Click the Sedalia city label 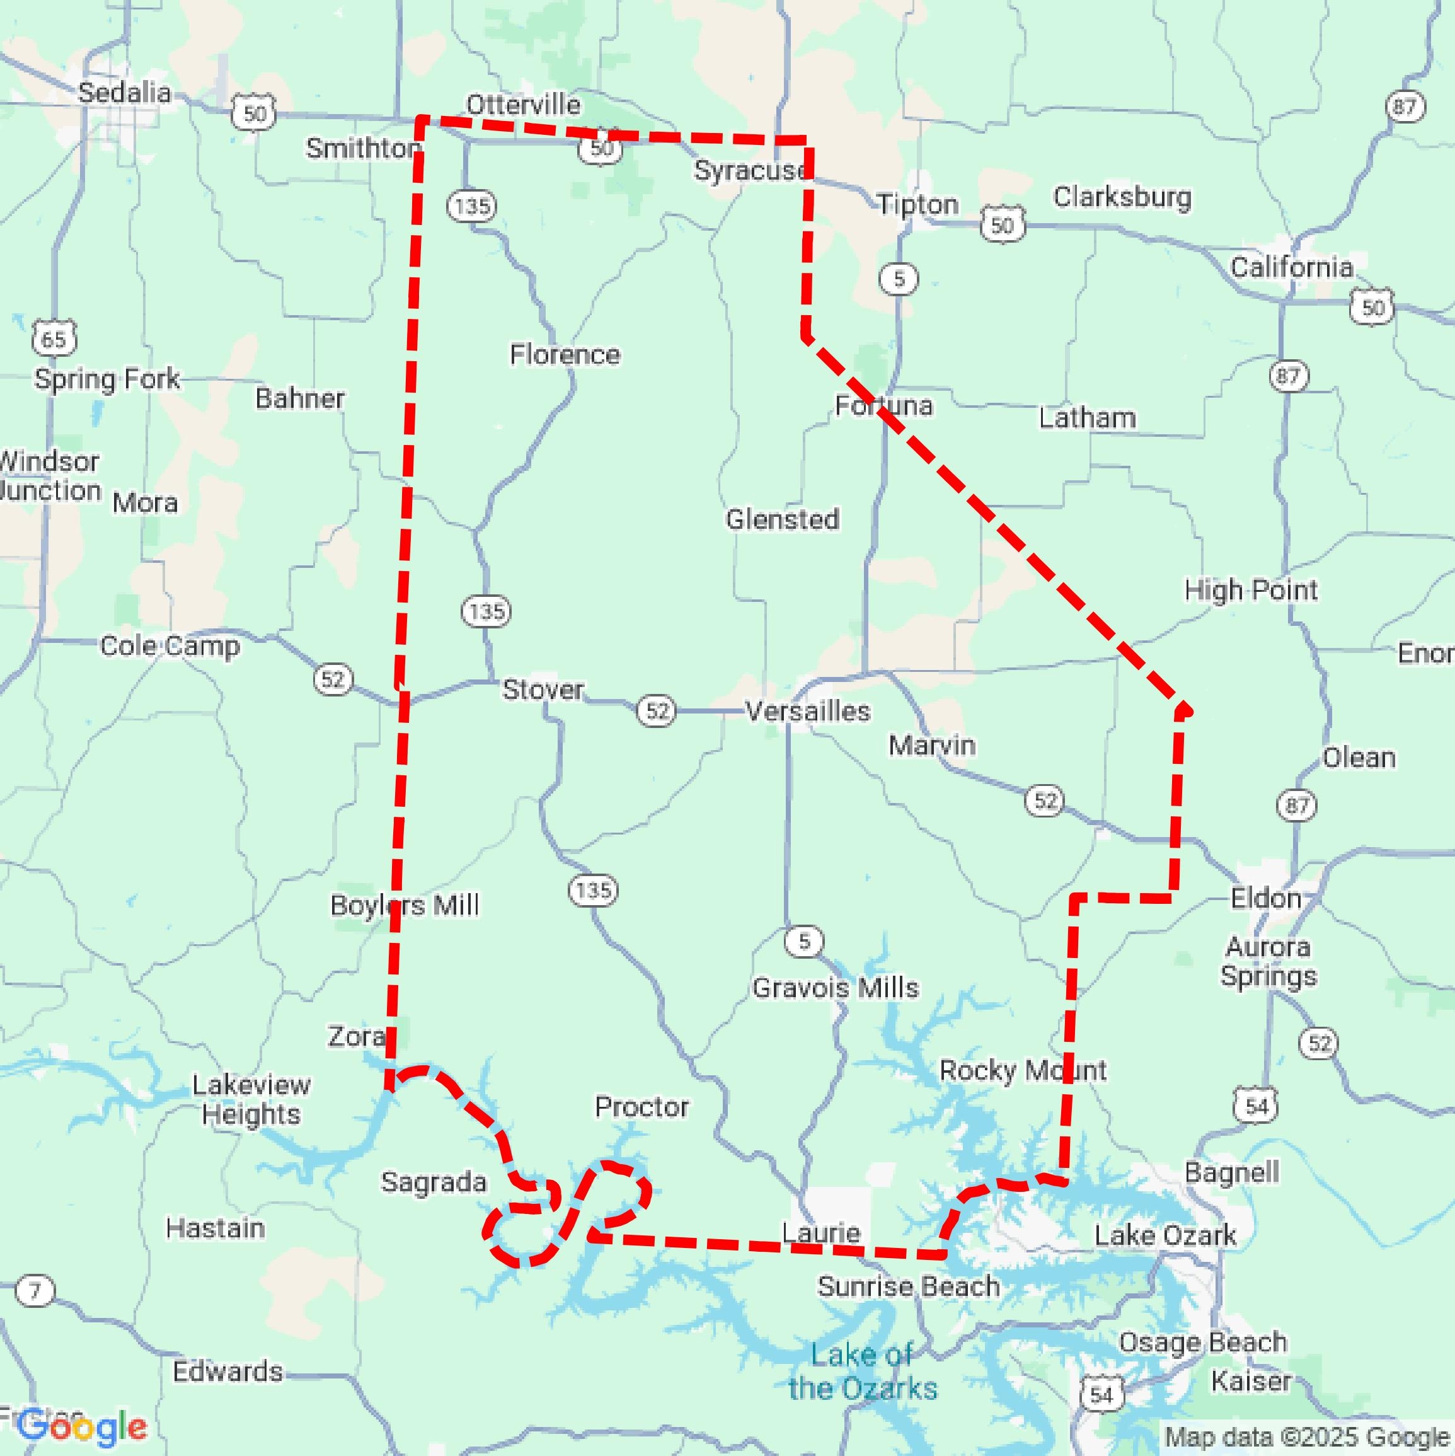(124, 93)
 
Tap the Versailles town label (807, 711)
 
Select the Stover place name (543, 689)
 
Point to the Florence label (565, 354)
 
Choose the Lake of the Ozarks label (862, 1372)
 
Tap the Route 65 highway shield (54, 338)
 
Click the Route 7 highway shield (35, 1290)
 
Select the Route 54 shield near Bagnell (1255, 1106)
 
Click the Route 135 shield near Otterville (472, 205)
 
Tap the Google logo (81, 1426)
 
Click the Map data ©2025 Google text (1308, 1436)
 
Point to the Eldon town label (1265, 898)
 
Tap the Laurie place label (820, 1233)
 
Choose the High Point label (1250, 589)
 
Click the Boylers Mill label (404, 904)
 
